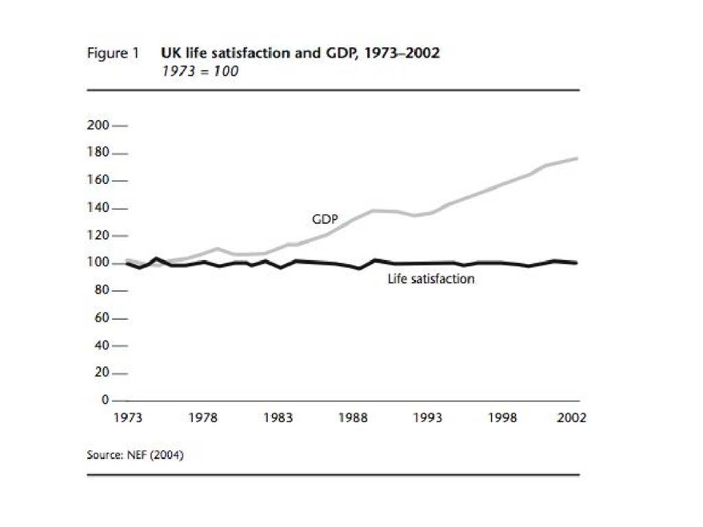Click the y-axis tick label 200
[98, 126]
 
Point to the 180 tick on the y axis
[98, 153]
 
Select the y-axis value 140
[98, 208]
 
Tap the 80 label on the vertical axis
[101, 290]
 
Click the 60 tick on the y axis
[101, 318]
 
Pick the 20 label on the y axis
[101, 373]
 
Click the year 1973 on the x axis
[128, 418]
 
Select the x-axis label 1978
[203, 418]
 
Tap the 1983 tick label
[278, 418]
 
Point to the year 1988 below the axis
[353, 418]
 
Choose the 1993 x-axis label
[428, 418]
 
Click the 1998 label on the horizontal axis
[503, 418]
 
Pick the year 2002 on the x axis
[571, 418]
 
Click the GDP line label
[325, 220]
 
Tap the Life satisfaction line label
[430, 279]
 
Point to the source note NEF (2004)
[135, 454]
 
